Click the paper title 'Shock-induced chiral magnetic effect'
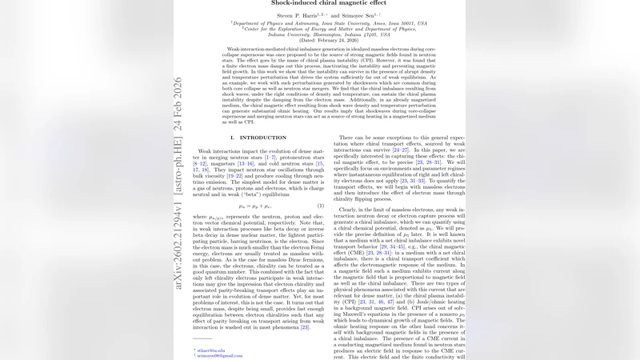point(321,2)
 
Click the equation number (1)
point(320,206)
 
